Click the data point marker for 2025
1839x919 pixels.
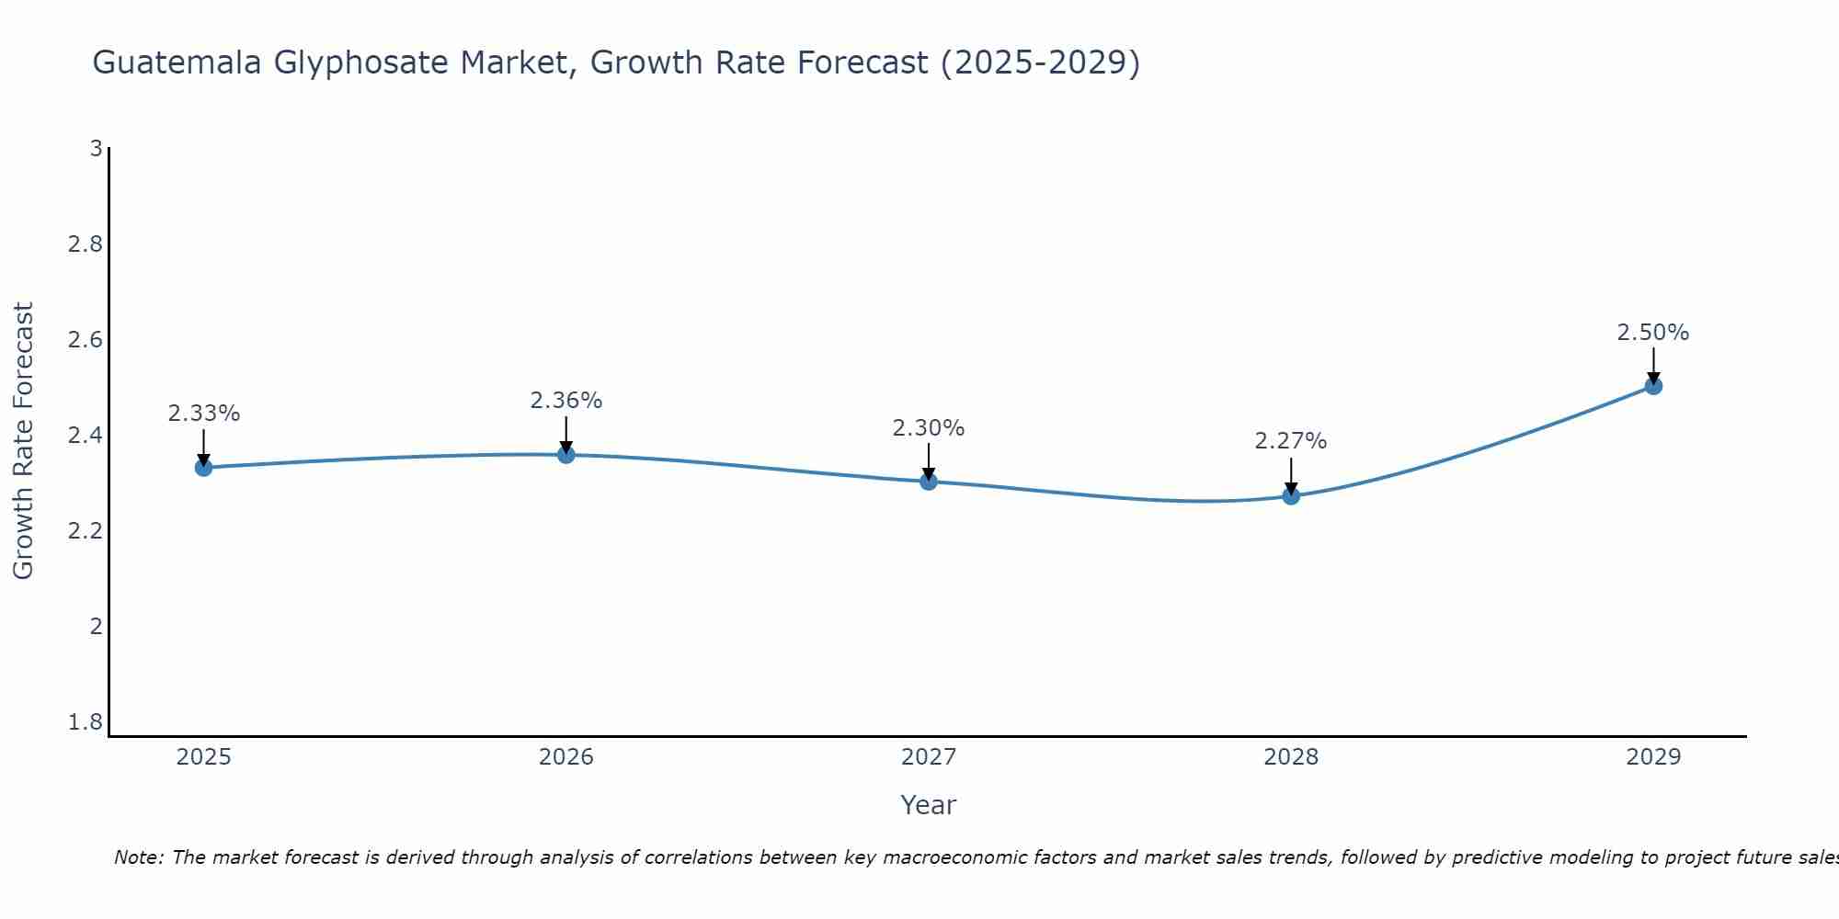pos(203,468)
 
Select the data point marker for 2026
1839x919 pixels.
pos(565,455)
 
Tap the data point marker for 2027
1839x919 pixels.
pos(929,482)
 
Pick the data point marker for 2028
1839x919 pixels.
pos(1291,496)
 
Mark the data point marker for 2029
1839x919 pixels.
pos(1653,386)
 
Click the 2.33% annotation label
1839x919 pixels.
pos(203,414)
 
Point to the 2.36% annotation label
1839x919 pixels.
pos(565,401)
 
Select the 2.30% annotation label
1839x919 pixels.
pos(929,428)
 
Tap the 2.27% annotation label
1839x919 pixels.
pos(1291,441)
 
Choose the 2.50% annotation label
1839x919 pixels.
pos(1653,333)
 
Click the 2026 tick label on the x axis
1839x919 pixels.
pos(565,757)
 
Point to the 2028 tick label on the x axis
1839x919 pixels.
pos(1291,757)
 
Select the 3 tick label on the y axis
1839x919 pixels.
pos(96,148)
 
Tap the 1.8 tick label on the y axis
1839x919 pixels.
pos(86,722)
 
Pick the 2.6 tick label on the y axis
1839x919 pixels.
pos(86,340)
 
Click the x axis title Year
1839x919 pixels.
pos(929,805)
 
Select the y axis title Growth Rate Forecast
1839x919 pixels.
pos(23,441)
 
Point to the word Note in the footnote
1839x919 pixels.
pos(139,857)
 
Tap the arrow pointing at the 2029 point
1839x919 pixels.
pos(1653,364)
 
